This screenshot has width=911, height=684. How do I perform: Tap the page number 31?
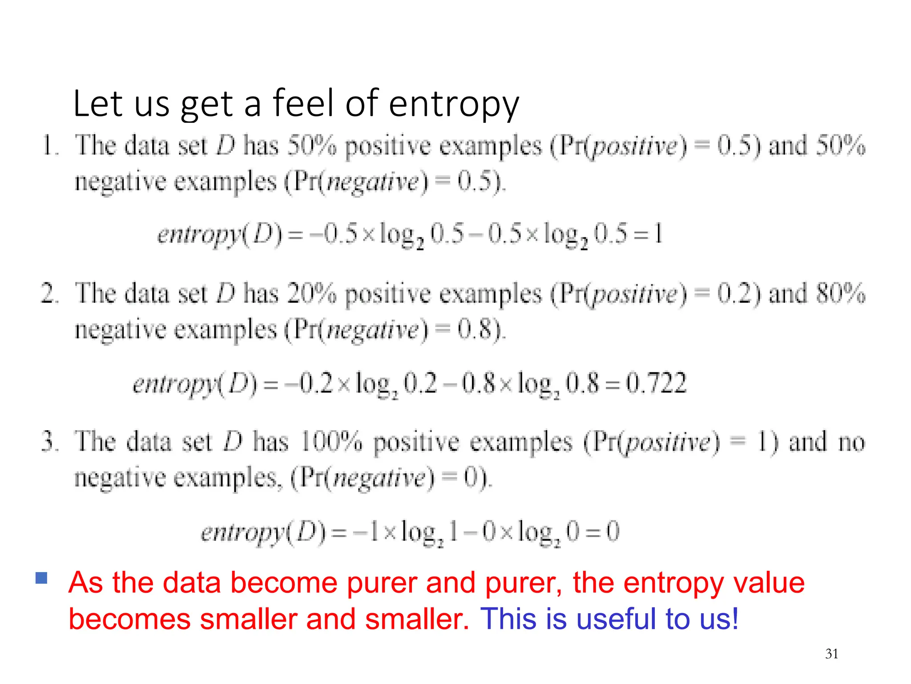point(831,654)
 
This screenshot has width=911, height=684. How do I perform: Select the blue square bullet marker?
point(41,578)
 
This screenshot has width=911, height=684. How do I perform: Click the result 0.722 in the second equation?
point(656,383)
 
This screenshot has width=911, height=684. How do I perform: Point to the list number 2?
point(49,293)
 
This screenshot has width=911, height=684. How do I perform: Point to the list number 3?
point(49,442)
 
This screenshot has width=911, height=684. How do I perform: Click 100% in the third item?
point(331,442)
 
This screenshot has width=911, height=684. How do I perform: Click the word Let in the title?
point(98,103)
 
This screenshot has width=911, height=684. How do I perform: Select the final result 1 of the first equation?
point(658,233)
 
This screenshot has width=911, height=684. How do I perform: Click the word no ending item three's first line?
point(851,442)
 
